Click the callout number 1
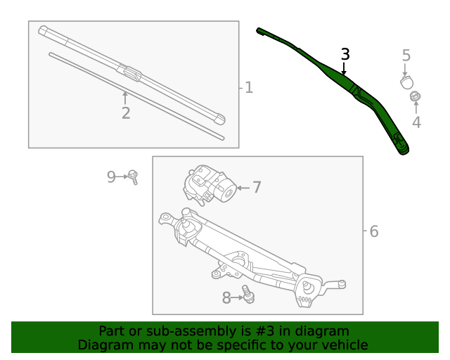point(248,88)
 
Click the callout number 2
point(126,112)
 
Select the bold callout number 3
point(345,54)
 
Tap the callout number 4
point(416,122)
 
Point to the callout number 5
point(406,55)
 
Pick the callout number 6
point(373,231)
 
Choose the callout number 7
point(257,187)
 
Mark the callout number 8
point(226,298)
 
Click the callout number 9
point(111,176)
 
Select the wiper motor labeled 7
point(209,186)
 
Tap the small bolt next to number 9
point(133,177)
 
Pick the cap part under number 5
point(406,82)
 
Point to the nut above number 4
point(415,96)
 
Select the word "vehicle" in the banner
point(342,345)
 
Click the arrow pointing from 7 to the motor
point(242,188)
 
